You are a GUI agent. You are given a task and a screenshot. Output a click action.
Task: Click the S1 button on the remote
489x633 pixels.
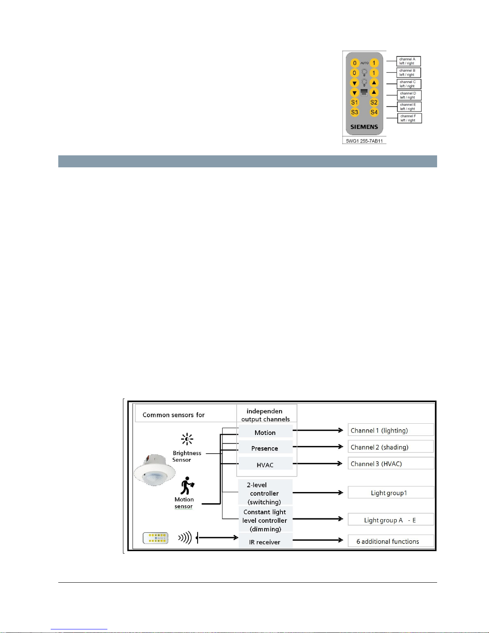tap(354, 103)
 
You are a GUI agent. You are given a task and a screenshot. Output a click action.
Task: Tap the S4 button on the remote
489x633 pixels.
tap(374, 112)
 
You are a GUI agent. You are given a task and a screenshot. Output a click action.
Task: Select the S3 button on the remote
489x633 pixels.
tap(354, 112)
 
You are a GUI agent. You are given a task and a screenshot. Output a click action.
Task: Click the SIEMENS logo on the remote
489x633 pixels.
tap(364, 127)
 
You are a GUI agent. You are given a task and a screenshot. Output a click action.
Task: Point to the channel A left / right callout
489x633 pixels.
tap(408, 61)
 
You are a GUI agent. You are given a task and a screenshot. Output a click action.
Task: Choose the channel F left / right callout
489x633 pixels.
tap(409, 118)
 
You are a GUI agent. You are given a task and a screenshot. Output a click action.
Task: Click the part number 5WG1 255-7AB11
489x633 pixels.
tap(364, 141)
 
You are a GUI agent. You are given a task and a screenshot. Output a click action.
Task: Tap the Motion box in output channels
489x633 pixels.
tap(265, 433)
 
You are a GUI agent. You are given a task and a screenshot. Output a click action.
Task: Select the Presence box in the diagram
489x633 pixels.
tap(265, 448)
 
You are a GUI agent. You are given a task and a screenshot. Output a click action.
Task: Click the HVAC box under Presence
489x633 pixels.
tap(265, 465)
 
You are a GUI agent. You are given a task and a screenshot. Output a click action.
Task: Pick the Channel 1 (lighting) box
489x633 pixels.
tap(390, 430)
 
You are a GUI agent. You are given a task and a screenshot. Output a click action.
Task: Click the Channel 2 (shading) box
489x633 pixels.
tap(390, 447)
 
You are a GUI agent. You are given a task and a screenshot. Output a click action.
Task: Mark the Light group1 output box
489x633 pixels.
tap(390, 493)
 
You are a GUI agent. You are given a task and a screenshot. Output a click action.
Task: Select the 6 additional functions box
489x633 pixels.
tap(390, 541)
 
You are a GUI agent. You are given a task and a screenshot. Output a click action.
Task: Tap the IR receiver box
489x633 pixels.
tap(265, 542)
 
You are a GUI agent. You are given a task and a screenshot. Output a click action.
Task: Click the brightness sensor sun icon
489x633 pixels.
tap(187, 439)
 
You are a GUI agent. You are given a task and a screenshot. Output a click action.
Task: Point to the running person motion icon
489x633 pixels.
tap(186, 486)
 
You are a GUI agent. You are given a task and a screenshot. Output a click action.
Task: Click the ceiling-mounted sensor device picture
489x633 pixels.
tap(154, 470)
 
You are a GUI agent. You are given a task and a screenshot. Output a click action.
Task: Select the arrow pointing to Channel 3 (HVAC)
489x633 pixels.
tap(318, 464)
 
